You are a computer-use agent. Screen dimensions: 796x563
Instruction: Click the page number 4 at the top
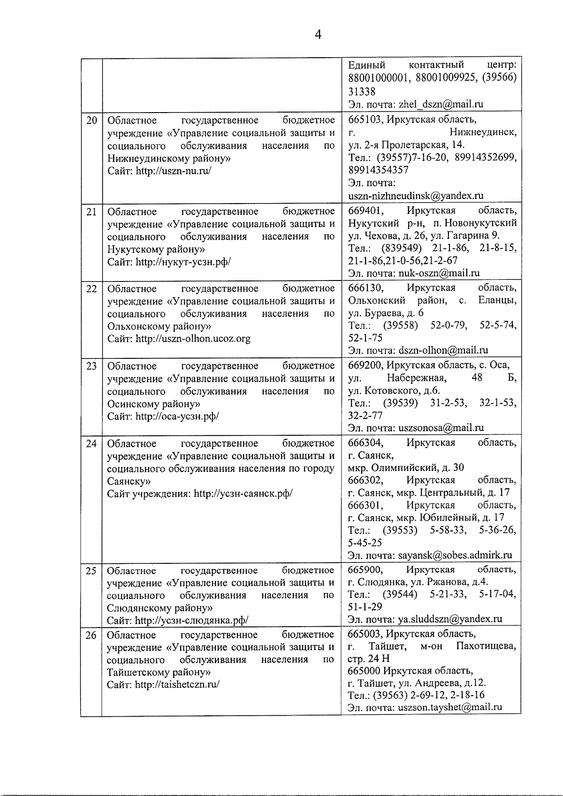tap(318, 35)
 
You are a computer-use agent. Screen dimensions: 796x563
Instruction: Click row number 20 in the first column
tap(91, 121)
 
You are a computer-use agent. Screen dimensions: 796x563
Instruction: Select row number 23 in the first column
tap(91, 366)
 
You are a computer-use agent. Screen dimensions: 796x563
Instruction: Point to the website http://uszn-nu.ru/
tap(174, 171)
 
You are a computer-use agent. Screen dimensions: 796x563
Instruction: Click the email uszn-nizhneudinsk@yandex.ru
tap(416, 196)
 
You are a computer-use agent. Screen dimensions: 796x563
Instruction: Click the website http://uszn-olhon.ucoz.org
tap(193, 339)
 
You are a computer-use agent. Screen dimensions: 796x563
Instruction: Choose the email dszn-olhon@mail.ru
tap(443, 350)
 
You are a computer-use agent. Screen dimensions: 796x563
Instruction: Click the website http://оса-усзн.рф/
tap(177, 416)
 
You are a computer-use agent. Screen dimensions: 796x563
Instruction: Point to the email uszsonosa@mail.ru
tap(441, 427)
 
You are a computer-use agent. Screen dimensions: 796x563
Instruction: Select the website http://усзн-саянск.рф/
tap(243, 493)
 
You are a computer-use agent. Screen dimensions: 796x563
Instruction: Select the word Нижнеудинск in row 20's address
tap(483, 133)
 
